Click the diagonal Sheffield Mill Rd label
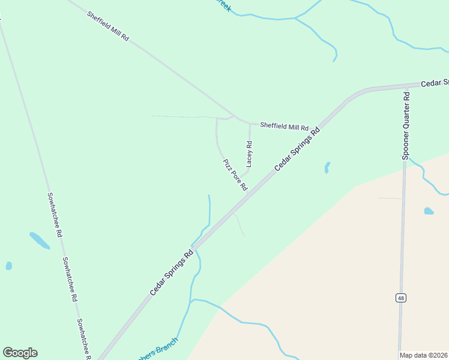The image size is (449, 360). click(108, 26)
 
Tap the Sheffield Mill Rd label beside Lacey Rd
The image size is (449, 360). click(284, 127)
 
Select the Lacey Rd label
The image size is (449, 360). click(249, 154)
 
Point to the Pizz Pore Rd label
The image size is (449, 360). click(235, 175)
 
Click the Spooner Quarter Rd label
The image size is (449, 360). click(406, 125)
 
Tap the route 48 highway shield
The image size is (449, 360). click(400, 298)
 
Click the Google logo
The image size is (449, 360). click(20, 353)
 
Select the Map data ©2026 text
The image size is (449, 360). click(424, 355)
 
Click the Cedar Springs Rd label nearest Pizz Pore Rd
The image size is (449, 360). click(298, 148)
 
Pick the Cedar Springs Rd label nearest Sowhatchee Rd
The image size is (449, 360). click(173, 272)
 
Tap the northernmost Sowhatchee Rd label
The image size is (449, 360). click(55, 214)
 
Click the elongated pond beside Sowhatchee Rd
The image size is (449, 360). click(40, 240)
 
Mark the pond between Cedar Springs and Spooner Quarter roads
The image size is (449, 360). click(327, 167)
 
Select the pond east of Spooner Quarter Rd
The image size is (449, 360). click(429, 211)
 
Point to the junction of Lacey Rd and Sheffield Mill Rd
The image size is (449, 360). click(250, 124)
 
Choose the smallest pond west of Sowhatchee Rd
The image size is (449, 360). click(8, 265)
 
